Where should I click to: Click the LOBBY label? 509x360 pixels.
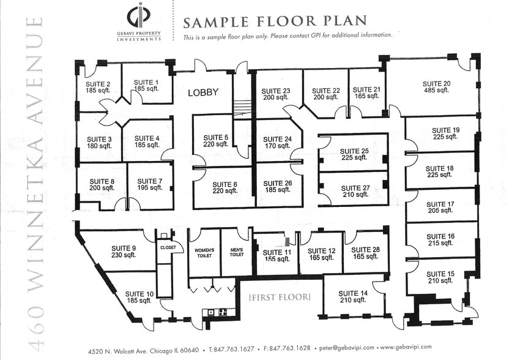click(x=203, y=92)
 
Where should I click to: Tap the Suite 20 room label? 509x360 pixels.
click(x=436, y=83)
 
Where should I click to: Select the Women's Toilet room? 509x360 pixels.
click(x=204, y=253)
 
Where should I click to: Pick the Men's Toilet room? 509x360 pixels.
click(x=237, y=252)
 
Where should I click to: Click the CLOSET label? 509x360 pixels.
click(x=168, y=247)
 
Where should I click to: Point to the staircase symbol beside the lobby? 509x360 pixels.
click(x=242, y=108)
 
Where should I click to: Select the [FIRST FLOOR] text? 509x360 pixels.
click(x=280, y=297)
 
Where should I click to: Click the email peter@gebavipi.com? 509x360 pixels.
click(x=346, y=348)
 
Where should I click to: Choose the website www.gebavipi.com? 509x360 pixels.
click(x=406, y=347)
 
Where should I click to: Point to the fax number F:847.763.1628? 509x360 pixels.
click(x=287, y=348)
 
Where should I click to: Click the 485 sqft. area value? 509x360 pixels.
click(x=436, y=90)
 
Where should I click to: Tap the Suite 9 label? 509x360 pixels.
click(x=124, y=248)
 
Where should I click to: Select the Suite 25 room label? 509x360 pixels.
click(x=354, y=151)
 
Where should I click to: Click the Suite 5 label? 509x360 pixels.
click(x=216, y=137)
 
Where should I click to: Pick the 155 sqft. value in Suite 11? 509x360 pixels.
click(x=277, y=259)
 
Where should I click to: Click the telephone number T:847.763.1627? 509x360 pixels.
click(x=232, y=349)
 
